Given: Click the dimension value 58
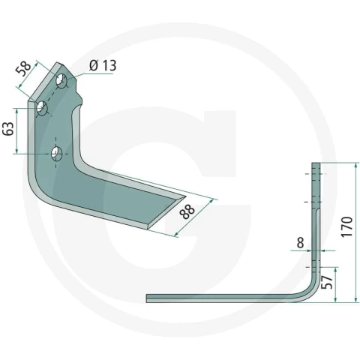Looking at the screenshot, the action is [x=23, y=68].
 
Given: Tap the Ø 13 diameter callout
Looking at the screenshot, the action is [x=103, y=65].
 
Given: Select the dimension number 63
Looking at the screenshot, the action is [x=8, y=129].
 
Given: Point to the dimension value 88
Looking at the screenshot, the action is [x=187, y=211].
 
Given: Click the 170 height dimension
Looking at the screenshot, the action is [x=347, y=226].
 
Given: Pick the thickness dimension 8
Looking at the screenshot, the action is [x=300, y=242].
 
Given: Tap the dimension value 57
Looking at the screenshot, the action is [x=327, y=282].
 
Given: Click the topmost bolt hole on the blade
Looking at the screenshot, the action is [x=61, y=81].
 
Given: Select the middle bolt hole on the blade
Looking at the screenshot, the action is [x=42, y=108].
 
